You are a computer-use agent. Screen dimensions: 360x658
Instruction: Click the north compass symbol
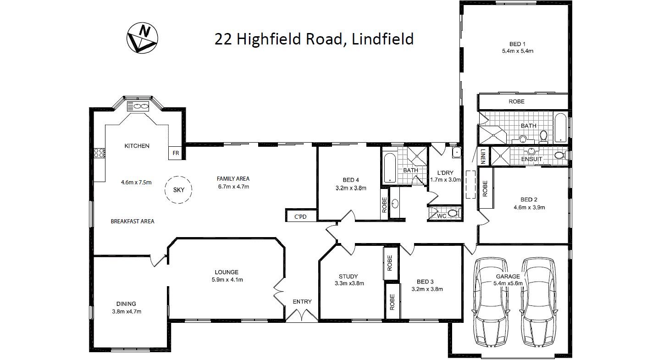[x=142, y=38]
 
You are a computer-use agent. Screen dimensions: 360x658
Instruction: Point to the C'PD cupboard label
[x=300, y=216]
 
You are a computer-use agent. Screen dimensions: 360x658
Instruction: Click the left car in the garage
[x=492, y=301]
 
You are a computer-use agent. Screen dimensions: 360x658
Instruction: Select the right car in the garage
[x=539, y=301]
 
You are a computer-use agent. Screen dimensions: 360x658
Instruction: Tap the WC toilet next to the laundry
[x=453, y=213]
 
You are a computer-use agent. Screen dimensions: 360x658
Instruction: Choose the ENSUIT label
[x=531, y=159]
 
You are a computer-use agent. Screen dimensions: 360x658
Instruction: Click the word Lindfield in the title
[x=382, y=39]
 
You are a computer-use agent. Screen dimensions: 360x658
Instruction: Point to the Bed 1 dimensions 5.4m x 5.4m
[x=517, y=51]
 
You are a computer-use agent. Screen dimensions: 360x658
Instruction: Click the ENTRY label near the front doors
[x=302, y=301]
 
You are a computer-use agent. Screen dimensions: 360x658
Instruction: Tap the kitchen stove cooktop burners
[x=100, y=153]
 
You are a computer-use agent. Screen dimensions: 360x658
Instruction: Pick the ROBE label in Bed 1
[x=516, y=101]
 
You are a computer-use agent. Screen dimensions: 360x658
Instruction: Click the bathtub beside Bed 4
[x=389, y=167]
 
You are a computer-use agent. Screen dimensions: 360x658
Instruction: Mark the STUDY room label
[x=348, y=276]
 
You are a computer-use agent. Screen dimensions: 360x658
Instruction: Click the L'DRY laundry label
[x=444, y=172]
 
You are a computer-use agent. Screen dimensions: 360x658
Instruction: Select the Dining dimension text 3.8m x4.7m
[x=126, y=311]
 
